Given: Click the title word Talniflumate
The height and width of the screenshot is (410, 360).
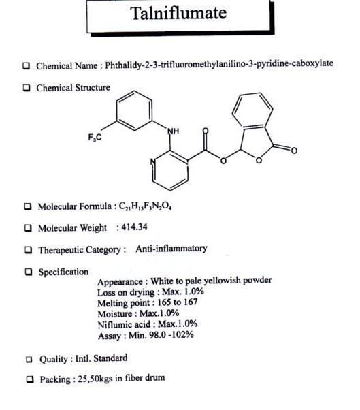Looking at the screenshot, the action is tap(178, 13).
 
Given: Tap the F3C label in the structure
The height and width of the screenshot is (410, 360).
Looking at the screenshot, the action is tap(95, 138).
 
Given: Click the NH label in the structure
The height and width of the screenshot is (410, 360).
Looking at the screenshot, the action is tap(174, 131).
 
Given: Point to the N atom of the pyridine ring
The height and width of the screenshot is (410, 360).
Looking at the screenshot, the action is tap(153, 162).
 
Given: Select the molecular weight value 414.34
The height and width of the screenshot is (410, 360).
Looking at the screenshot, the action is tap(134, 227).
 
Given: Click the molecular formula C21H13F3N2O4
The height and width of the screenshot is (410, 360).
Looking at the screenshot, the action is tap(145, 206).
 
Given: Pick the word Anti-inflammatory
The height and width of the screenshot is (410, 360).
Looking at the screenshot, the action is tap(171, 248).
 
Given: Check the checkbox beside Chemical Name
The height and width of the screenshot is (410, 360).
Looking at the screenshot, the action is tap(26, 65).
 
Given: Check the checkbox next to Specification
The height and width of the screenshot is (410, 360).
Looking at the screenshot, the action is tap(28, 272).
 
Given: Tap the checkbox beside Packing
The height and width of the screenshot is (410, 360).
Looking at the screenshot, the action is tap(30, 379).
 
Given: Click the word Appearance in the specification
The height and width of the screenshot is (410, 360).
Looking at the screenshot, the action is tap(120, 282).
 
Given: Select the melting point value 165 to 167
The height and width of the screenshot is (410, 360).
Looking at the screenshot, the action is tap(178, 302).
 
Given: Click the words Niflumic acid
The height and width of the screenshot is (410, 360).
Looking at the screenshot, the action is tap(124, 324).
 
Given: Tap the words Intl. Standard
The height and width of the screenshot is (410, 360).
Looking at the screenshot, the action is tap(101, 358).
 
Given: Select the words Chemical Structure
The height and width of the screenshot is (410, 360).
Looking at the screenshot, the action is tap(73, 88).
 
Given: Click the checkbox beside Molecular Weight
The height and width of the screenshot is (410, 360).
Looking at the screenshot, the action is tap(28, 228).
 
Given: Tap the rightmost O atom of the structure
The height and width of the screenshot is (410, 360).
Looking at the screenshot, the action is tap(294, 151).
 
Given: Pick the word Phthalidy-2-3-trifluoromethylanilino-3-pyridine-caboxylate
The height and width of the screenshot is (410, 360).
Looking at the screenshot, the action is tap(219, 64).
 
